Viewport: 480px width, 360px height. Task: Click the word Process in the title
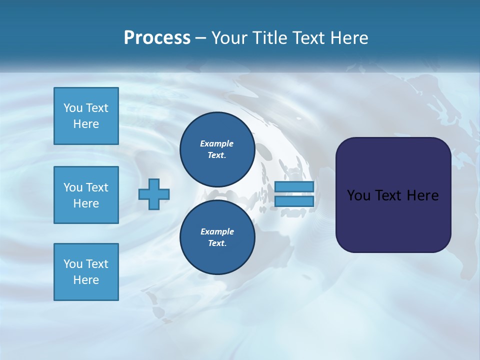(x=157, y=38)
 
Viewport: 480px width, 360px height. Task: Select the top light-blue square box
(x=86, y=116)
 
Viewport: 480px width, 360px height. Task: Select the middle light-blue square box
(x=86, y=195)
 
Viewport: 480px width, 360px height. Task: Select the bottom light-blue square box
(x=86, y=272)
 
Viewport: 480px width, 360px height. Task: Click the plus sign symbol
(x=154, y=194)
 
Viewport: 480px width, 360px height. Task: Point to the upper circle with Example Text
(x=217, y=149)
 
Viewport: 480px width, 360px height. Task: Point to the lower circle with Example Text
(x=217, y=237)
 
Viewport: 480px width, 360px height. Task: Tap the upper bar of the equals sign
(x=294, y=186)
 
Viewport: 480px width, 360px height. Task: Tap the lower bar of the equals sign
(x=294, y=201)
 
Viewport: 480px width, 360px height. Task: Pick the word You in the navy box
(x=358, y=195)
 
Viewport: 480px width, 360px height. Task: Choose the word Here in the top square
(x=86, y=124)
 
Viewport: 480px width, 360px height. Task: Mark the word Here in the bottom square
(x=86, y=280)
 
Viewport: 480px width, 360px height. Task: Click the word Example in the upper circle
(x=216, y=143)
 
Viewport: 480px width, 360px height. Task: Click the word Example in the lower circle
(x=217, y=231)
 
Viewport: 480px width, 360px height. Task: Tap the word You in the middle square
(x=73, y=187)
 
